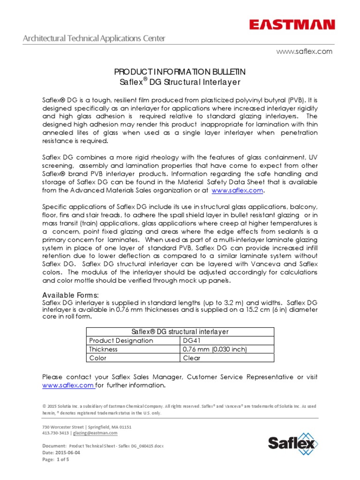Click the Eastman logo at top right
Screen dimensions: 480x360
[x=292, y=24]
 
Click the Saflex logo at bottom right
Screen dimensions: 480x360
[x=292, y=442]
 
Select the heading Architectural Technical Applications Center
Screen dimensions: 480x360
[x=94, y=38]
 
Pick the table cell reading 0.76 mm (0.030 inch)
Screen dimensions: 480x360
[x=214, y=349]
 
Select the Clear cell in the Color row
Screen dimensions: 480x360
[x=191, y=358]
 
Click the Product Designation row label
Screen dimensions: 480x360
[x=121, y=340]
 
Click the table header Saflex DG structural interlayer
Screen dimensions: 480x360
[x=180, y=331]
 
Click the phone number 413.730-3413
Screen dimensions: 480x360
[x=56, y=433]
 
